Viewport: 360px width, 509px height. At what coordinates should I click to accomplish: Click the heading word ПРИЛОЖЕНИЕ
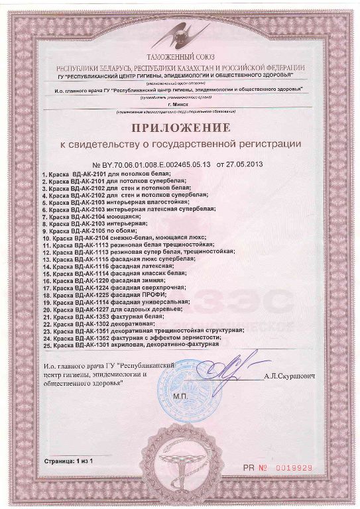[x=180, y=127]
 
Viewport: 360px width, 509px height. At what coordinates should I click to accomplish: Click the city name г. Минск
[x=180, y=104]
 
